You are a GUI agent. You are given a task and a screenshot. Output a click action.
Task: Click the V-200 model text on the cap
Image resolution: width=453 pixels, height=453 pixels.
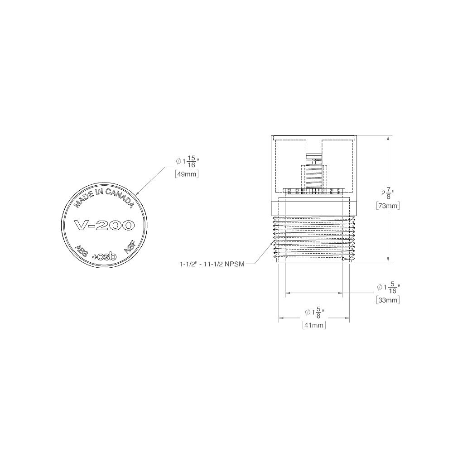[104, 225]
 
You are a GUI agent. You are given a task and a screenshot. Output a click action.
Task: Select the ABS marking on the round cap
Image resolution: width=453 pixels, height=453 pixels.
[81, 251]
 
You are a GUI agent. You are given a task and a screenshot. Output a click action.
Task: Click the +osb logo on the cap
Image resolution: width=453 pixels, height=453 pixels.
[104, 256]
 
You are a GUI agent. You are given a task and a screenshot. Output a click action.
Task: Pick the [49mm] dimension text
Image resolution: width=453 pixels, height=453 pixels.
[187, 174]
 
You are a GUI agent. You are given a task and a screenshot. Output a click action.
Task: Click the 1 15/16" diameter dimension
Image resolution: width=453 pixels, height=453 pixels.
[188, 162]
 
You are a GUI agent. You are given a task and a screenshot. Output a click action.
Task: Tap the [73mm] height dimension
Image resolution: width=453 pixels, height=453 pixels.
[388, 206]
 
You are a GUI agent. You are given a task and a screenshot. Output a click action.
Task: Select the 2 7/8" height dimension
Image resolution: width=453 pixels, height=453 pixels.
[388, 193]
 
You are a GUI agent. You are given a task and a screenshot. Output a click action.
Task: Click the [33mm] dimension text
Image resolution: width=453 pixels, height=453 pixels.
[388, 300]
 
